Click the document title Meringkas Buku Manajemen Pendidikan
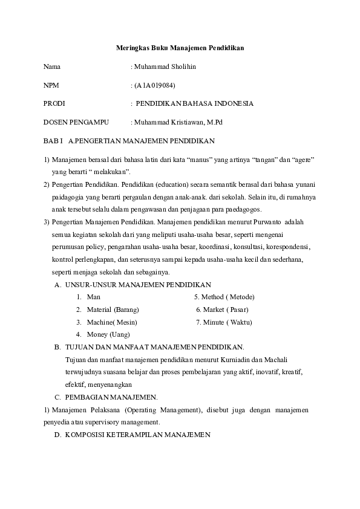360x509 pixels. coord(180,47)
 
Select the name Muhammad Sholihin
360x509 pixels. coord(165,66)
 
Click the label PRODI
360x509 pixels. coord(54,103)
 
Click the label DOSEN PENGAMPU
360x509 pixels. coord(76,122)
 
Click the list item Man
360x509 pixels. coord(94,297)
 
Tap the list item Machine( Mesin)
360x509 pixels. coord(112,322)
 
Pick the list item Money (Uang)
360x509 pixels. coord(108,334)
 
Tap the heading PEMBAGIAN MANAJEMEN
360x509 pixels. coord(111,397)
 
